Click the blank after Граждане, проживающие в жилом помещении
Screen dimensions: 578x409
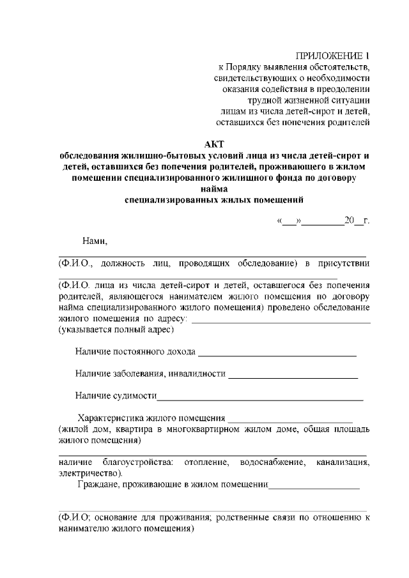click(314, 487)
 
